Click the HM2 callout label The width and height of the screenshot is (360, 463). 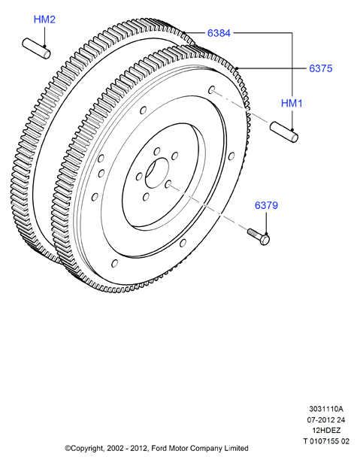point(44,20)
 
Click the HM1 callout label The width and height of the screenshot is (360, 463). point(292,104)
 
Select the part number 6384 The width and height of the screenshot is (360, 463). point(219,33)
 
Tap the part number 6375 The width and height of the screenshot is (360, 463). point(321,68)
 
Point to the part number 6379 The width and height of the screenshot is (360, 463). point(266,205)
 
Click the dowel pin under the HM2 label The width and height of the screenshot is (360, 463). point(36,48)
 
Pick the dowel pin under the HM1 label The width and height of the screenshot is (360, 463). point(284,132)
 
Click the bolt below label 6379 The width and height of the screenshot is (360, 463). point(259,237)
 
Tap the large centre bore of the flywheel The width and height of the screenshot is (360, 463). point(156,173)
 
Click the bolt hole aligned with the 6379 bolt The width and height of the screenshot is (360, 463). point(168,185)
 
